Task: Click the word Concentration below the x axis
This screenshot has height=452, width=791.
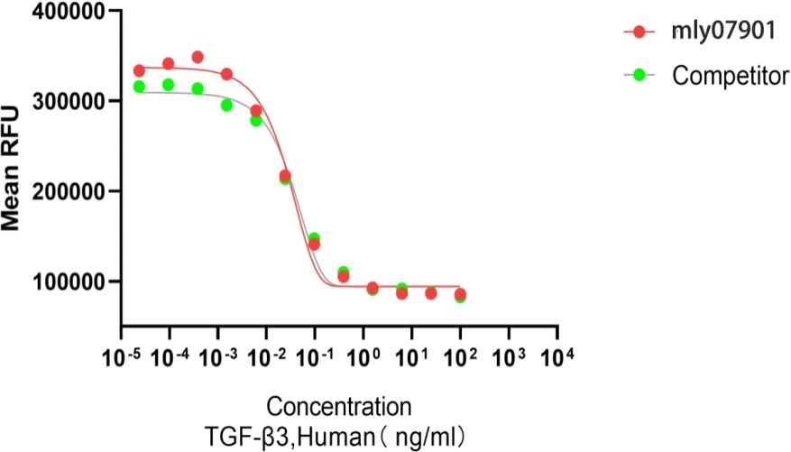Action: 338,404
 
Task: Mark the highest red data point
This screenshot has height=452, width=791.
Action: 198,57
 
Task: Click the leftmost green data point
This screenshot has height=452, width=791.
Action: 139,87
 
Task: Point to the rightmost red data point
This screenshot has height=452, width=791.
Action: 460,294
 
